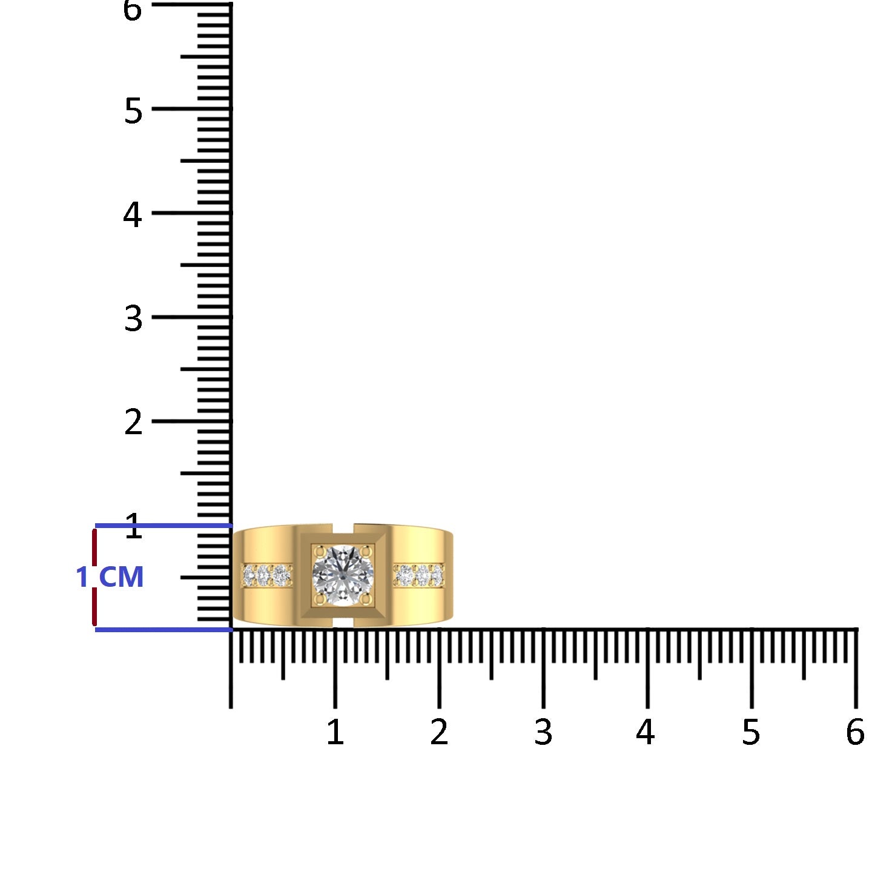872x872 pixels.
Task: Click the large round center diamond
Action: pyautogui.click(x=343, y=576)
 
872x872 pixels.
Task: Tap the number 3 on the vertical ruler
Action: pyautogui.click(x=133, y=319)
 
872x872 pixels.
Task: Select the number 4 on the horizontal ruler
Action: pyautogui.click(x=646, y=732)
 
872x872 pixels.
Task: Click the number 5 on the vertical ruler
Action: pyautogui.click(x=133, y=111)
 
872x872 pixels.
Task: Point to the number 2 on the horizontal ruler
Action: pyautogui.click(x=439, y=732)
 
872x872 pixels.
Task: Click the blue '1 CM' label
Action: pyautogui.click(x=110, y=577)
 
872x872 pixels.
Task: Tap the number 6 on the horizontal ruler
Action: pyautogui.click(x=855, y=732)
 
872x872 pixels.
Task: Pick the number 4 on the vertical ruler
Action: pyautogui.click(x=133, y=214)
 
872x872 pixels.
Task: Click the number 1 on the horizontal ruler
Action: pyautogui.click(x=335, y=732)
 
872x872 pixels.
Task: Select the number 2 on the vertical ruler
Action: pyautogui.click(x=133, y=422)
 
